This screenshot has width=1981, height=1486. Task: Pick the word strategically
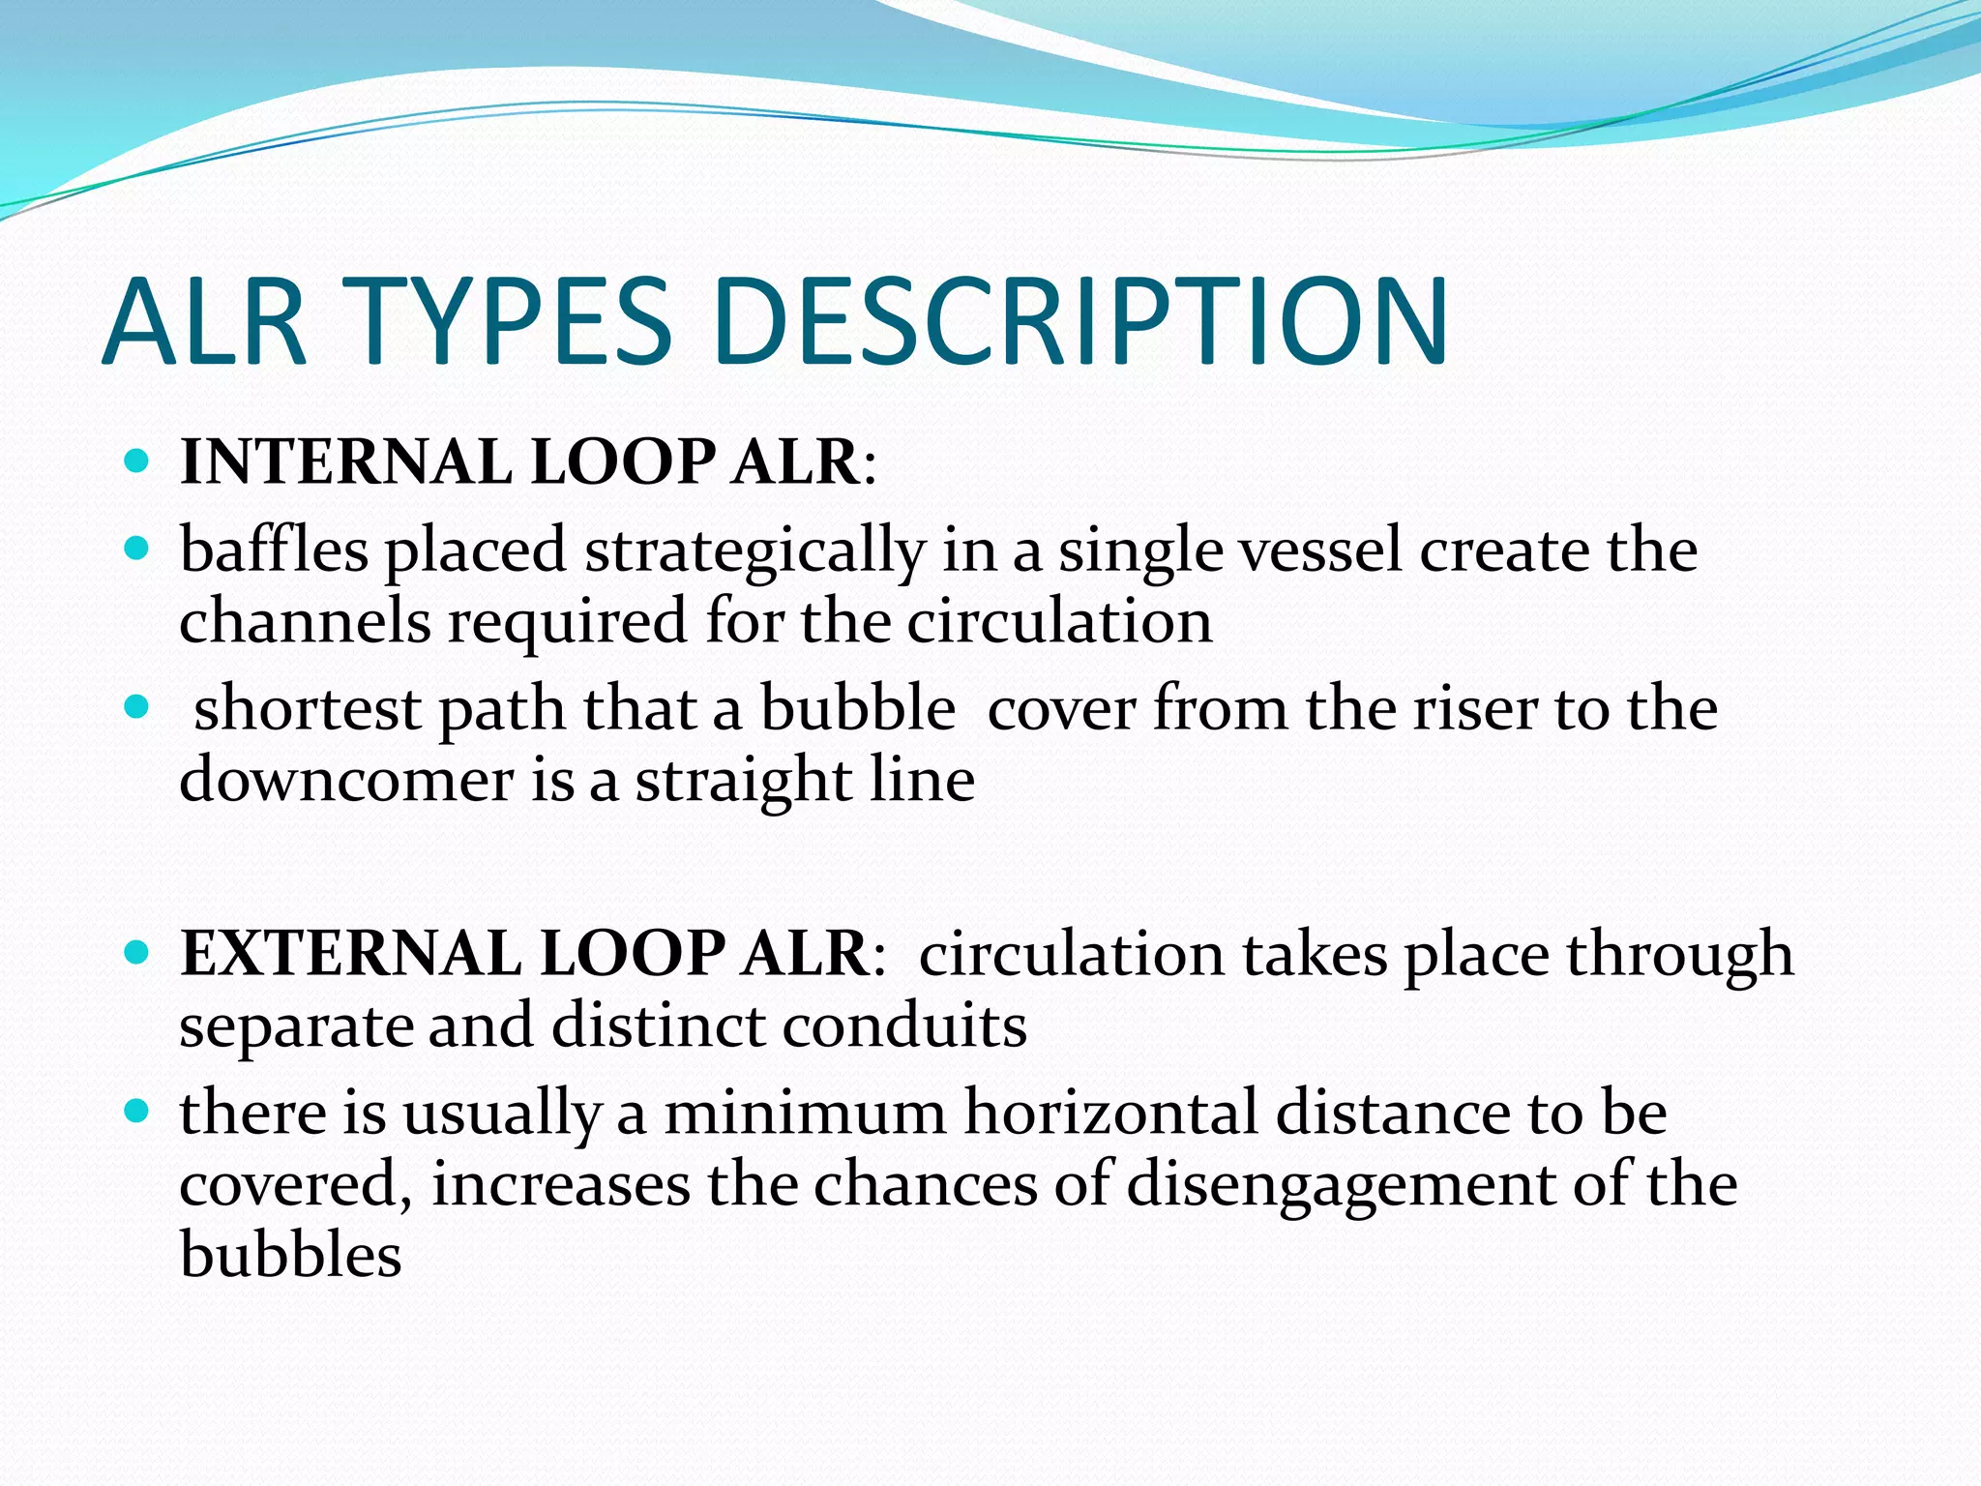click(754, 551)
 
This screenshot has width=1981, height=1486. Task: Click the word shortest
click(308, 709)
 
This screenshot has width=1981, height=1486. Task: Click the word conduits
click(904, 1025)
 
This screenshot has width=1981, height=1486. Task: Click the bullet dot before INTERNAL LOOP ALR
click(137, 461)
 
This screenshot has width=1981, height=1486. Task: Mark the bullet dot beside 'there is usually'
click(137, 1112)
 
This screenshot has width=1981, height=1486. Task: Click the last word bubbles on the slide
click(290, 1255)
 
